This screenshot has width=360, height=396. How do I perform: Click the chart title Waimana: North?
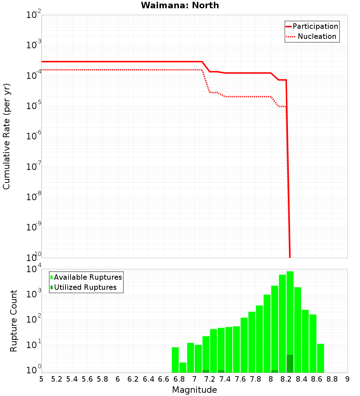click(x=180, y=5)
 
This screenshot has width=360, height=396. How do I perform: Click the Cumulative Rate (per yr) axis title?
click(x=6, y=136)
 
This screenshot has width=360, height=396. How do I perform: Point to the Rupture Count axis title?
click(x=14, y=321)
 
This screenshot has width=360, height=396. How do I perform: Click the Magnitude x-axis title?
click(x=194, y=390)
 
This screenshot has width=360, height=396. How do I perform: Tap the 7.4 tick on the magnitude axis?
click(x=225, y=379)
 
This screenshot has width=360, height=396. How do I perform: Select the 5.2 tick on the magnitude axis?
click(x=57, y=379)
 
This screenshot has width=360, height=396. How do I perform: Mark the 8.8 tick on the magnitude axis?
click(x=332, y=379)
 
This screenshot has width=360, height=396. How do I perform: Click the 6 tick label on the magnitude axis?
click(x=118, y=379)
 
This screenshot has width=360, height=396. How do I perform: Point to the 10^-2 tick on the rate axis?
click(x=34, y=15)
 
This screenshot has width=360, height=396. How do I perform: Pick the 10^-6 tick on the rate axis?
click(x=34, y=136)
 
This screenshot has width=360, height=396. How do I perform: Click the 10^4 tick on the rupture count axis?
click(x=34, y=270)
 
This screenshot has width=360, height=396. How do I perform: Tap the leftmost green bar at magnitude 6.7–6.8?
click(x=175, y=360)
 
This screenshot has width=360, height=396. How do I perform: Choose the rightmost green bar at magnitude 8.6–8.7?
click(x=320, y=358)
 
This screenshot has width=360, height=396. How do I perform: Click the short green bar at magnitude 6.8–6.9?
click(x=183, y=368)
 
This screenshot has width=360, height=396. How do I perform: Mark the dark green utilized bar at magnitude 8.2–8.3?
click(x=290, y=364)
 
